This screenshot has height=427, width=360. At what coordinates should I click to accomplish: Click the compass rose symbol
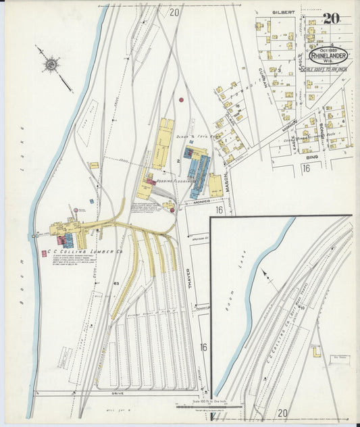coord(51,65)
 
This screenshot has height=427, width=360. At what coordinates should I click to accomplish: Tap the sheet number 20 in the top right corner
coord(330,18)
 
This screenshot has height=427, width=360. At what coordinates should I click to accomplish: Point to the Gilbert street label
coord(284,12)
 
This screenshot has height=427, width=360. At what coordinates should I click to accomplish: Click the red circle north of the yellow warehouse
coord(181,100)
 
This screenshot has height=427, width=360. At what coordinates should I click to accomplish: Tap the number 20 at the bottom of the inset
coord(282,413)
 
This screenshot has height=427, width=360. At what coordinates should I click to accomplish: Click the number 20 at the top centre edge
coord(175,11)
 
